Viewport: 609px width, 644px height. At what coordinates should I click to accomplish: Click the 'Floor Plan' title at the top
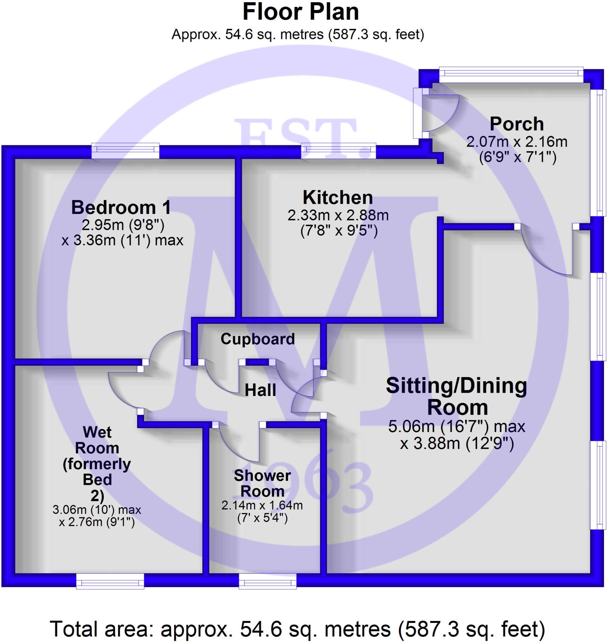(301, 12)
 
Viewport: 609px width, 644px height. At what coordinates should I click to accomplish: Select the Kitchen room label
(338, 197)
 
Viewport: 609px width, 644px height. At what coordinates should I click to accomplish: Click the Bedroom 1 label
(121, 207)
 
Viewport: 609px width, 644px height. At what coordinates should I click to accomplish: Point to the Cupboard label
(257, 339)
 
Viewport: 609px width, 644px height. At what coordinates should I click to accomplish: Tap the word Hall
(260, 390)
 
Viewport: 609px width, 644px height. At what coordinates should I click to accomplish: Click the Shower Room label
(262, 483)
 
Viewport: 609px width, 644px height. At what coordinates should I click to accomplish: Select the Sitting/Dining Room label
(456, 396)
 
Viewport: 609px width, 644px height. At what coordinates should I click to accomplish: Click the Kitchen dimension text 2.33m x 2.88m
(338, 215)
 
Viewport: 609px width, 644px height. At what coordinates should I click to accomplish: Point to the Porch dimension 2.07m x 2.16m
(517, 142)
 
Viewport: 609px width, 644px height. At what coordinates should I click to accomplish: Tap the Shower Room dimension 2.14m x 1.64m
(262, 505)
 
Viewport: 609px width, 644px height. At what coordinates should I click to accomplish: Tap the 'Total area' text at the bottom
(297, 629)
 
